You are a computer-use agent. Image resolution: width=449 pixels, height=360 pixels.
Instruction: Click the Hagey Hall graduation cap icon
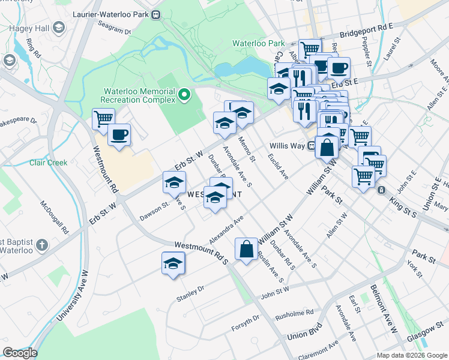click(58, 28)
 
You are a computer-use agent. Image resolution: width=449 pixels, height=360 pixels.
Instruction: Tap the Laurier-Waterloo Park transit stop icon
click(156, 14)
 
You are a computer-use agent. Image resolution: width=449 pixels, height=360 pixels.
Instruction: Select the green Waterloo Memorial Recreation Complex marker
click(185, 94)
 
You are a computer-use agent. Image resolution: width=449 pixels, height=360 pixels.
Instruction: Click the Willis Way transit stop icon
click(312, 145)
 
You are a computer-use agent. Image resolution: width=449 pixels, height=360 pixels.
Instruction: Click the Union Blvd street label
click(304, 332)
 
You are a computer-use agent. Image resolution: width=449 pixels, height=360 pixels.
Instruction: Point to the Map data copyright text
click(411, 355)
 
